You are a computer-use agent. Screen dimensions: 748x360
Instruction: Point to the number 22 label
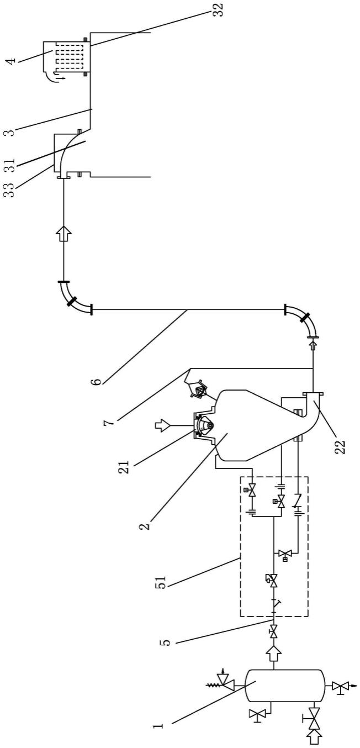point(342,446)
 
